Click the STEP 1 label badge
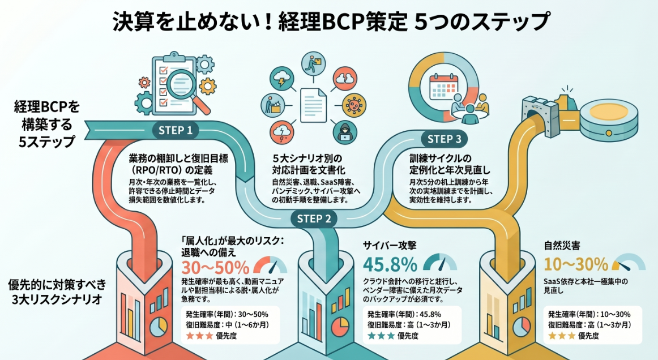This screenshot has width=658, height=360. [x=176, y=131]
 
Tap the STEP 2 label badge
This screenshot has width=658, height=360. [x=314, y=218]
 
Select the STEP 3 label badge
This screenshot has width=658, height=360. [x=444, y=139]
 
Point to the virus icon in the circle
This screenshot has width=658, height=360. [x=354, y=105]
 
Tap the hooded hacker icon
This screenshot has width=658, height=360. [x=344, y=132]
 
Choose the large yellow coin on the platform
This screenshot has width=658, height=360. [x=609, y=113]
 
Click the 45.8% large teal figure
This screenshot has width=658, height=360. [x=390, y=264]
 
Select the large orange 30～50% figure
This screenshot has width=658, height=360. [x=215, y=267]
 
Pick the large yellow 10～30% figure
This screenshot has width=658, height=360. [x=576, y=264]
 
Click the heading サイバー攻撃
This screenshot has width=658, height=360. [x=390, y=246]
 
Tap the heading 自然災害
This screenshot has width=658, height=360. [x=562, y=246]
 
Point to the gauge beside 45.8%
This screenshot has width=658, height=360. [x=440, y=262]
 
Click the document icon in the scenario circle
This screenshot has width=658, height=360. [x=313, y=103]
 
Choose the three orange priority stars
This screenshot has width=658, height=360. [x=199, y=336]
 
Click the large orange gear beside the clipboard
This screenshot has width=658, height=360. [x=207, y=86]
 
